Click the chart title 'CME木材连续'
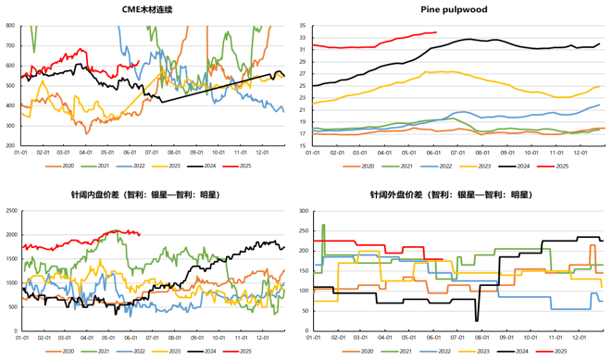152,9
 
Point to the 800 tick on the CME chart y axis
9,25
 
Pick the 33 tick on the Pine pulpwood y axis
302,37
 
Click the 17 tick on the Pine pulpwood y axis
302,134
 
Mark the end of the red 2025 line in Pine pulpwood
437,32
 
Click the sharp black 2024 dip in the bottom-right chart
477,320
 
